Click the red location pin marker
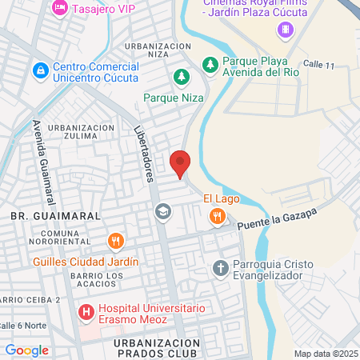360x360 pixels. pos(181,163)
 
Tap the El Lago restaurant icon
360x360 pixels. pos(217,216)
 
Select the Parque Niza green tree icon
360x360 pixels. pos(182,78)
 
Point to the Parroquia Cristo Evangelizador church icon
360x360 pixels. pos(221,268)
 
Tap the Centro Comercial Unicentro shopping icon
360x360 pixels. pos(40,71)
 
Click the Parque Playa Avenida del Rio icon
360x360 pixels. pos(210,63)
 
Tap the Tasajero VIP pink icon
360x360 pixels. pos(59,7)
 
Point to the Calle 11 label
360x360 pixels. pos(317,65)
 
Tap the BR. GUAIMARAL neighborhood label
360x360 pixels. pos(55,216)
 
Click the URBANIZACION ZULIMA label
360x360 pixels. pos(82,132)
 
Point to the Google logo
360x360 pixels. pos(26,350)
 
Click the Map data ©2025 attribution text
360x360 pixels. pos(326,354)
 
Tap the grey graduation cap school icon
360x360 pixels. pos(162,211)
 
